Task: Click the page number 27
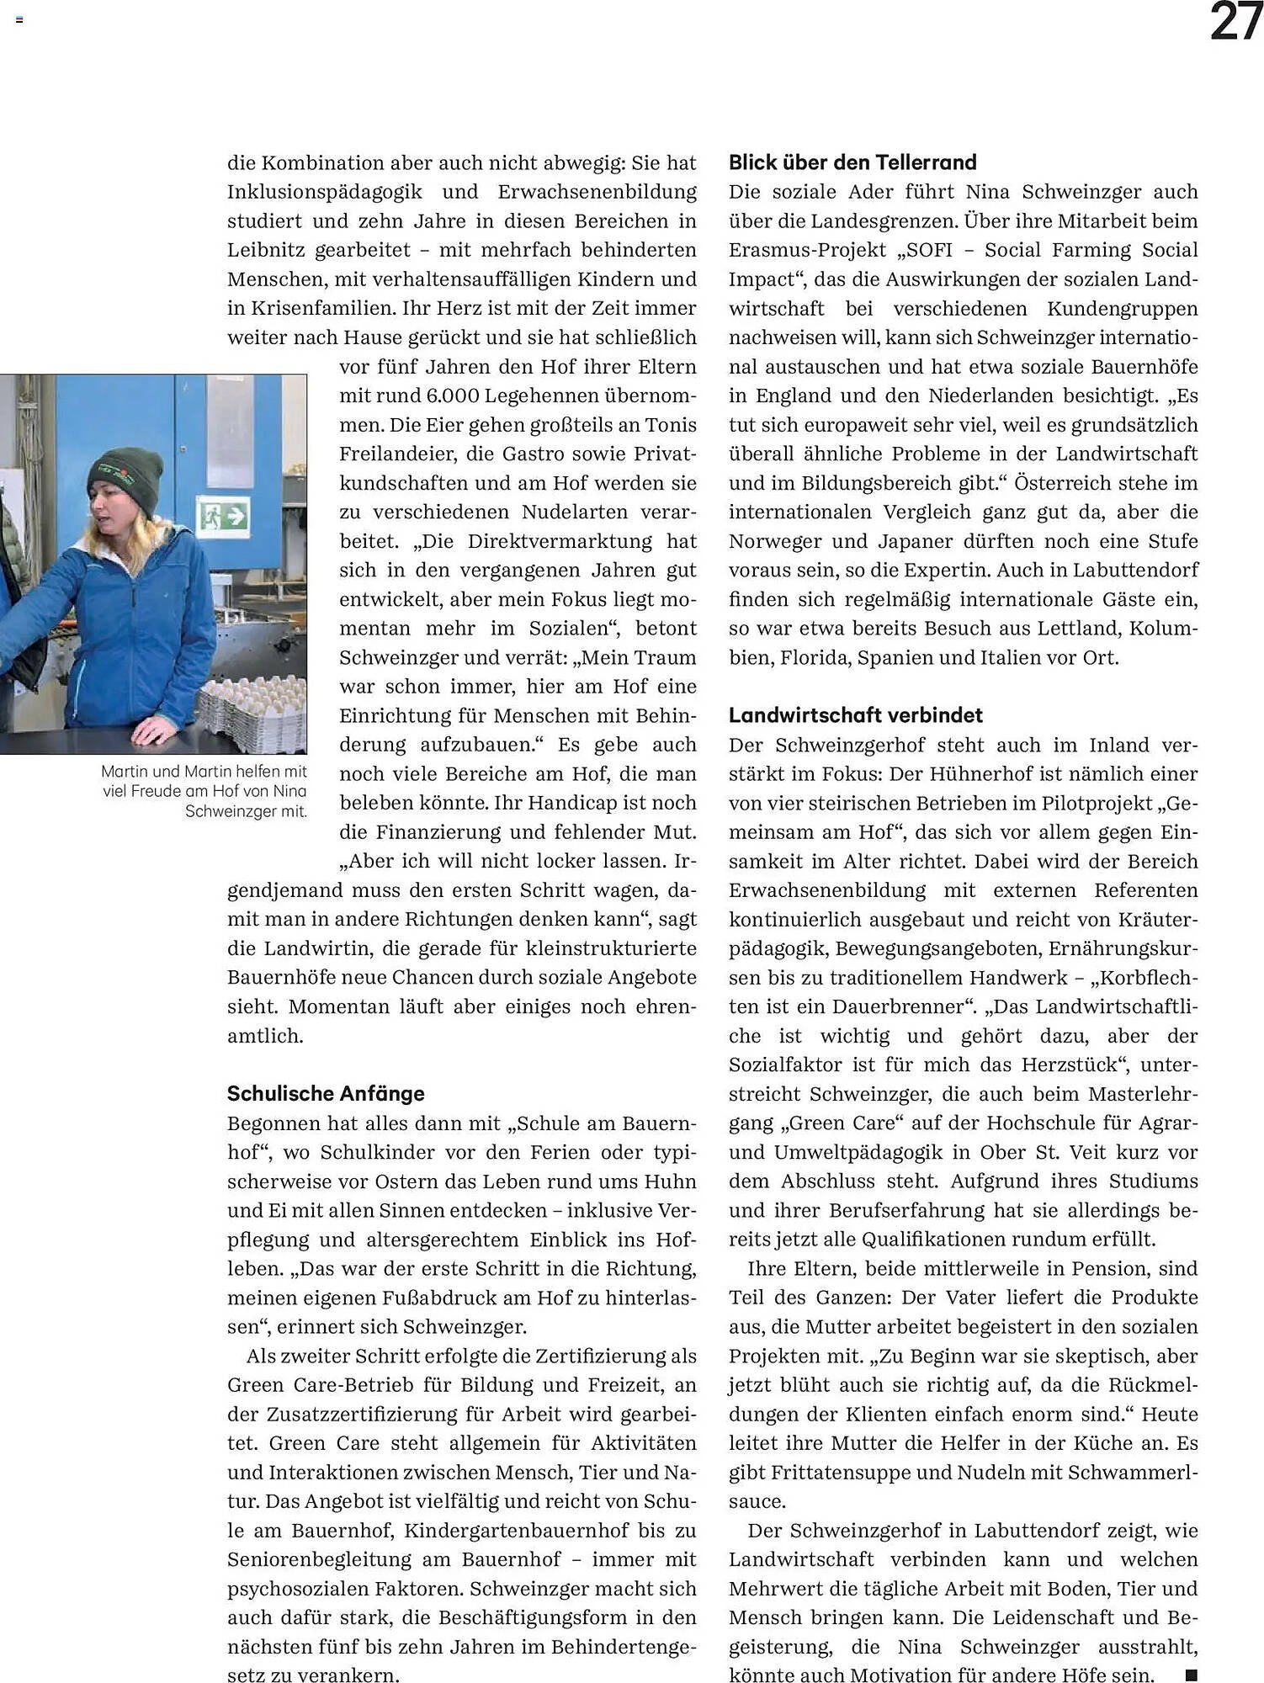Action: click(1235, 23)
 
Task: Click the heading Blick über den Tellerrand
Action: click(852, 162)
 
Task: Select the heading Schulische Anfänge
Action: click(325, 1093)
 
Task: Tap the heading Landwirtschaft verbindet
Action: click(855, 715)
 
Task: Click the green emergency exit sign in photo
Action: click(223, 515)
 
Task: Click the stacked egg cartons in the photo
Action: click(253, 711)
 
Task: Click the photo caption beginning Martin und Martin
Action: click(204, 791)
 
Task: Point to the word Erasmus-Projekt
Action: click(807, 250)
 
